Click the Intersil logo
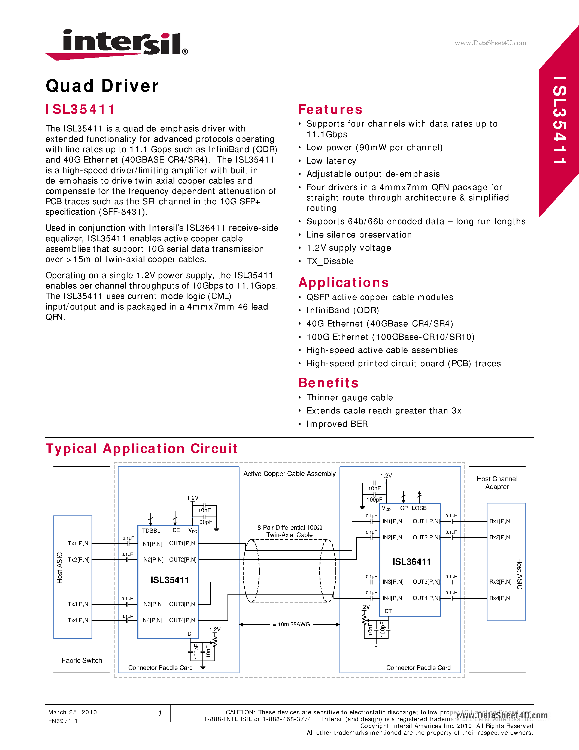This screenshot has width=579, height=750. [117, 44]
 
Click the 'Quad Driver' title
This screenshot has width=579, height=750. [102, 86]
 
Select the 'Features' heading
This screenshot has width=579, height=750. [330, 109]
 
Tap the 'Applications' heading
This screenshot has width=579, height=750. [343, 282]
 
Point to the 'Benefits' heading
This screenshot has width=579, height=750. [328, 383]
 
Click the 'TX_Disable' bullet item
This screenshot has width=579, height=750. [330, 261]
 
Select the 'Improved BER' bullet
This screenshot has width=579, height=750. [337, 424]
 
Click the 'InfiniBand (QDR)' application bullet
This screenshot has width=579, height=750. [342, 310]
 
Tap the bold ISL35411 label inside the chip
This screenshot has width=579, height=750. [169, 580]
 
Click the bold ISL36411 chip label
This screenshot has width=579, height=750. [411, 562]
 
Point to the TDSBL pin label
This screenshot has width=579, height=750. [151, 530]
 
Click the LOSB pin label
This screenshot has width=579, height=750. [419, 508]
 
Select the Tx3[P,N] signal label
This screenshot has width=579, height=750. [78, 604]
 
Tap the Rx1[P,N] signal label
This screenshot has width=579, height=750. [500, 521]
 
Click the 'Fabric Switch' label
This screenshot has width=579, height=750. [82, 660]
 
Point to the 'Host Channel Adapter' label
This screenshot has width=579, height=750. [497, 482]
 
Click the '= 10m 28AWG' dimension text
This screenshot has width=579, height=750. [291, 624]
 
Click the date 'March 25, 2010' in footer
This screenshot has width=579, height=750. [72, 712]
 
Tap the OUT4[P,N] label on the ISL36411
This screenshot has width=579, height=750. [426, 598]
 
